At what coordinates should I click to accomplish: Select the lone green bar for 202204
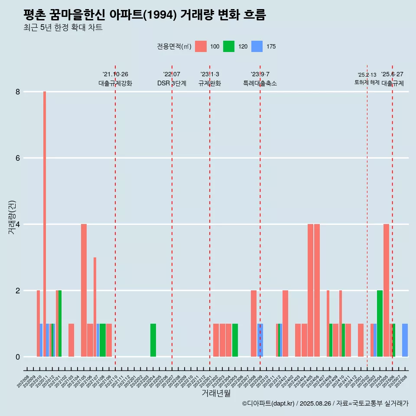point(153,340)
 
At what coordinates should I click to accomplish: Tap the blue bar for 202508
point(405,340)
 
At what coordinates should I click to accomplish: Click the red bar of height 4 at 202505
point(386,290)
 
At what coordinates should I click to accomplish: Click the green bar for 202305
point(235,340)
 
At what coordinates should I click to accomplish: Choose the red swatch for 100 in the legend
point(201,46)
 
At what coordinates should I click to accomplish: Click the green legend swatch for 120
point(229,46)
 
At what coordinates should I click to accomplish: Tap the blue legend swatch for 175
point(257,46)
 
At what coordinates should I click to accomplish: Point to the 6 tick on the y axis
point(18,158)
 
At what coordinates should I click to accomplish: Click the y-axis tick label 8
point(18,92)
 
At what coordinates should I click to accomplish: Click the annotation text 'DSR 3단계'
point(172,83)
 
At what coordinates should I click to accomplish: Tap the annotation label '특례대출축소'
point(260,83)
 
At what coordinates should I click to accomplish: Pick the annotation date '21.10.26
point(115,75)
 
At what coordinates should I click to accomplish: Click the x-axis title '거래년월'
point(216,393)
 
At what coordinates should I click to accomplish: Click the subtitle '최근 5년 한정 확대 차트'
point(63,28)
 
